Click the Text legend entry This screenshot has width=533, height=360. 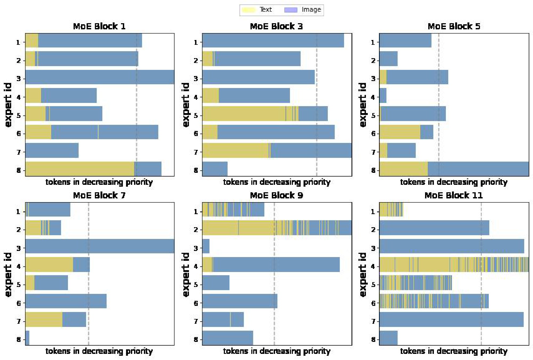(x=257, y=10)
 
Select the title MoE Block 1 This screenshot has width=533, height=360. (x=99, y=26)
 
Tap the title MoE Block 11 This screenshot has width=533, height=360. (x=454, y=195)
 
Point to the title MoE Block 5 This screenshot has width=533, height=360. (x=454, y=26)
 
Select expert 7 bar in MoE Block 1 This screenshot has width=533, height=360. (x=52, y=150)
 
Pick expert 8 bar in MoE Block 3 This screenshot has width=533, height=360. (x=215, y=169)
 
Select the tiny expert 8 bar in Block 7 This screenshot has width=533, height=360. (x=27, y=338)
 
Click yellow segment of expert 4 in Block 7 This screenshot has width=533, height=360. (x=49, y=265)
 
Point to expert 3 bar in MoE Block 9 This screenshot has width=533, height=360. (x=206, y=246)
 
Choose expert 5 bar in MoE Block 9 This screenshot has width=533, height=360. (x=216, y=283)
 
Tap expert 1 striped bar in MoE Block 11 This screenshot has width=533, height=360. (x=391, y=210)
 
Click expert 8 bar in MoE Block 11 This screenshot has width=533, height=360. (x=388, y=338)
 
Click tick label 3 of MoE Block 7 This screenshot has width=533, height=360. (x=18, y=248)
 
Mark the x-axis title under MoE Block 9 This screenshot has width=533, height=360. (x=277, y=351)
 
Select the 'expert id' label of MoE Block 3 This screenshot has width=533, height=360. (x=186, y=105)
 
